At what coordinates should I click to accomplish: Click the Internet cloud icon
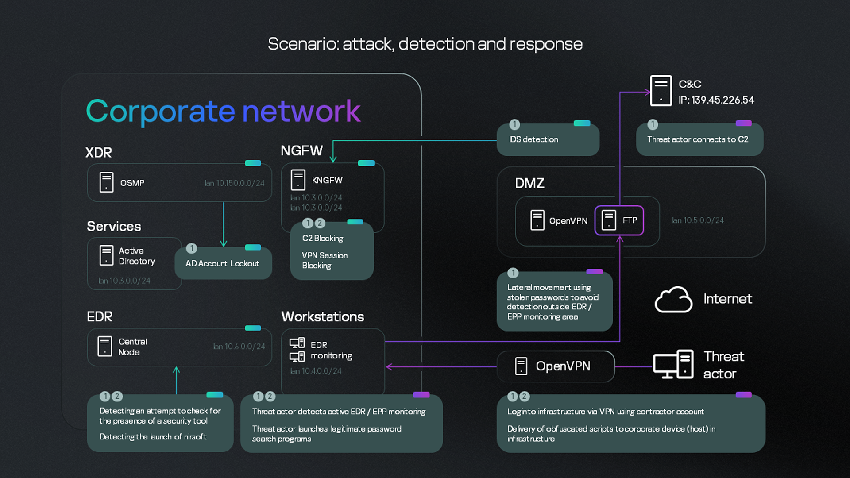click(673, 300)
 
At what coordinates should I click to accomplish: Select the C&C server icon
click(661, 91)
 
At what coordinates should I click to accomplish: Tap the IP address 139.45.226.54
click(722, 100)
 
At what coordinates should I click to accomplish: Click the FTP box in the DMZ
click(619, 220)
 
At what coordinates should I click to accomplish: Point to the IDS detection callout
click(548, 139)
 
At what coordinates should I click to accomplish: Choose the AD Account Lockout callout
click(223, 263)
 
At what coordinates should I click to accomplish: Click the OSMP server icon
click(106, 182)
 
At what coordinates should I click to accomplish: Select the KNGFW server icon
click(298, 180)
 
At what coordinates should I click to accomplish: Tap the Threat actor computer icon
click(673, 364)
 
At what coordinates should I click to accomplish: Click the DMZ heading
click(529, 183)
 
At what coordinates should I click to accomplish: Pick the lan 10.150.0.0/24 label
click(234, 183)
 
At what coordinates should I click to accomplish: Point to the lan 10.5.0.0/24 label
click(698, 220)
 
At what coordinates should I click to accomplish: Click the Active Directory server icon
click(106, 255)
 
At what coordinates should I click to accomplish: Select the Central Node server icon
click(105, 347)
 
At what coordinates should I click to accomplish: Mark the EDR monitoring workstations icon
click(297, 350)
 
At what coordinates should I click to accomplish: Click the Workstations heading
click(322, 317)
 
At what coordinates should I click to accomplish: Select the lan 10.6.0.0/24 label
click(239, 347)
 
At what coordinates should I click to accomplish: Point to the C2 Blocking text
click(323, 239)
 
